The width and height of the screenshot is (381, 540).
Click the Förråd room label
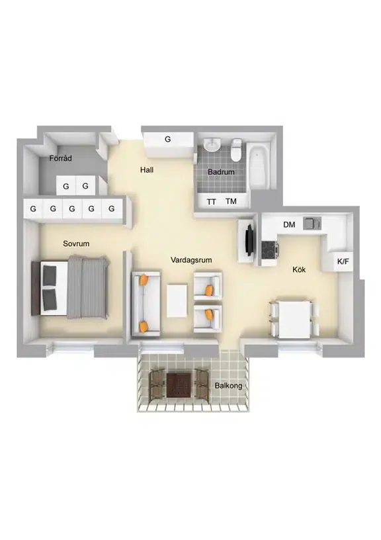61,158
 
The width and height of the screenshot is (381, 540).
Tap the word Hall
147,170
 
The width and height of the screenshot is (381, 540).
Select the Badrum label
221,172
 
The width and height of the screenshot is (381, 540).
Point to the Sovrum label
76,244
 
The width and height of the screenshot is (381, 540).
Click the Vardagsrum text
191,260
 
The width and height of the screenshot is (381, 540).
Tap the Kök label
299,269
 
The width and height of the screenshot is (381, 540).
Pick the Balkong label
228,386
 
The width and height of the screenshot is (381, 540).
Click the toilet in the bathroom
236,150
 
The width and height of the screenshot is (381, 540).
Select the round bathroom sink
211,145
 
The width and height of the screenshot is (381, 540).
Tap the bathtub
259,165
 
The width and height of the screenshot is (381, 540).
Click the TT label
211,202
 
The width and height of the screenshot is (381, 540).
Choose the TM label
232,201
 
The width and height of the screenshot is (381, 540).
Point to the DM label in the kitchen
289,225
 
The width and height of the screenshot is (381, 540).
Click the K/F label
343,262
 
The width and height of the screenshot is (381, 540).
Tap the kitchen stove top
269,249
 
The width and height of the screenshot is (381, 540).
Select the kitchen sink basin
312,224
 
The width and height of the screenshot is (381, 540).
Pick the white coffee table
177,300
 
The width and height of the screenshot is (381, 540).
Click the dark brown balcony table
179,385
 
